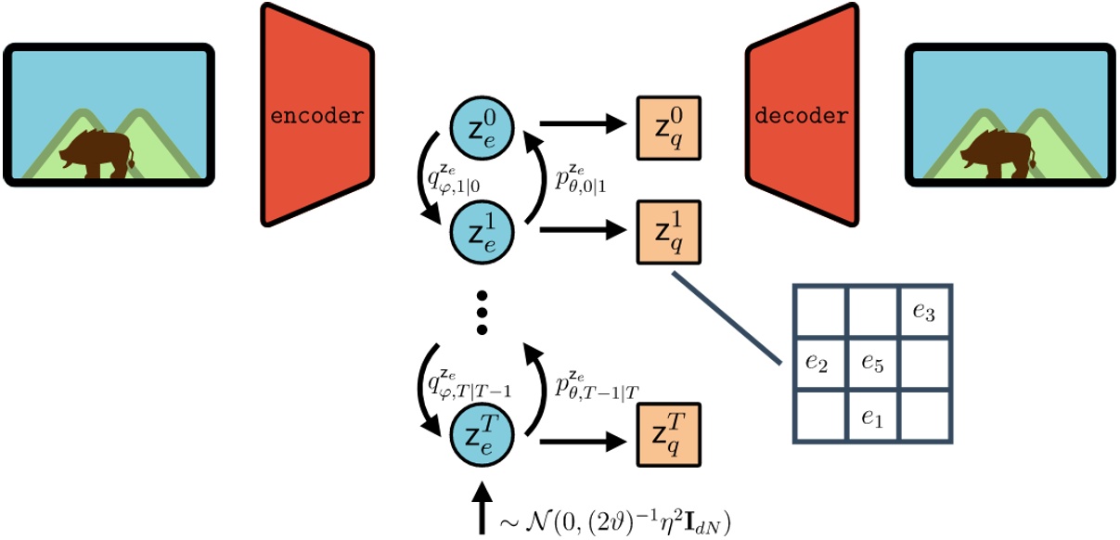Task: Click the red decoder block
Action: [x=802, y=115]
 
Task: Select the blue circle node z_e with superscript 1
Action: [x=482, y=229]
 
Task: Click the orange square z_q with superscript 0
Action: [x=668, y=125]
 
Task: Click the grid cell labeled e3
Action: [x=924, y=313]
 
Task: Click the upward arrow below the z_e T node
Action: [x=482, y=507]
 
